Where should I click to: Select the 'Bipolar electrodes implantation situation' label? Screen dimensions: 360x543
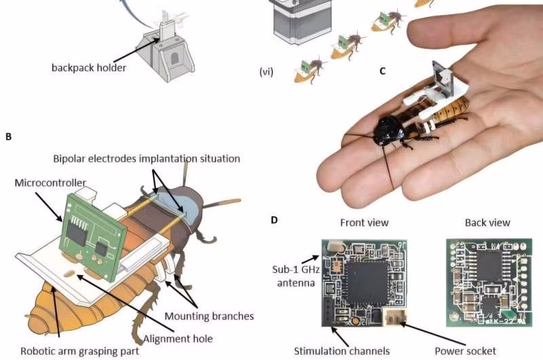click(x=147, y=158)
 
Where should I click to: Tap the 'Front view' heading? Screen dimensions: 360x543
click(x=364, y=222)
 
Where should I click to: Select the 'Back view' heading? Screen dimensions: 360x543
click(x=487, y=222)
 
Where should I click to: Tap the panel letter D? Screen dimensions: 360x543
click(x=274, y=220)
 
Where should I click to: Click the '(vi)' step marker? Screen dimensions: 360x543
click(x=266, y=70)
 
